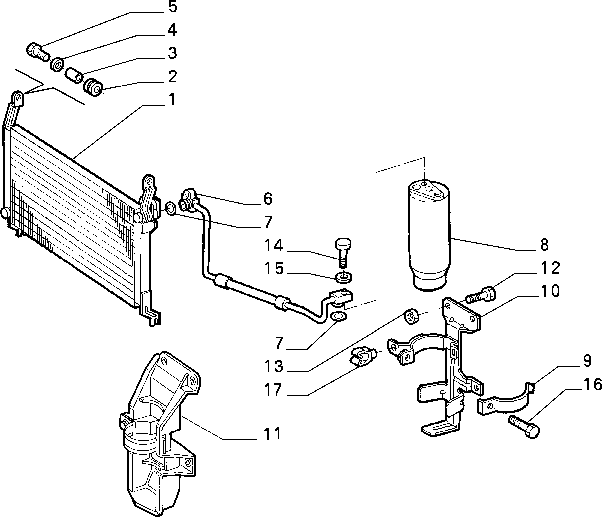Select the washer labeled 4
[58, 64]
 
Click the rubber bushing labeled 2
[93, 87]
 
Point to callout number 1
[171, 100]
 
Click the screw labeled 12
[481, 295]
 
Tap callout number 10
[550, 291]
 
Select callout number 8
[544, 245]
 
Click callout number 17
[273, 389]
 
